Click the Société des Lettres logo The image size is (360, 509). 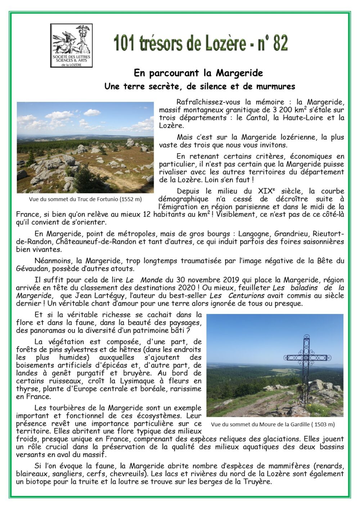point(71,46)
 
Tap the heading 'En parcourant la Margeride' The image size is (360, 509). point(198,73)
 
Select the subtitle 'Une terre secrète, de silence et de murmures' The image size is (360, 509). point(199,86)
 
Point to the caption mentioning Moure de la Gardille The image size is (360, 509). point(273,424)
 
